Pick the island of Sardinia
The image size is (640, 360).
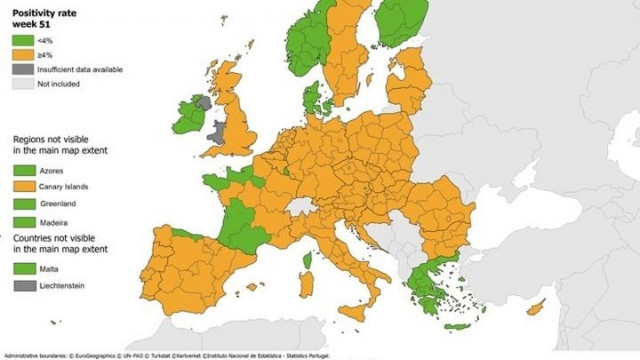pos(306,281)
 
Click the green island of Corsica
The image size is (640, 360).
pos(308,259)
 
